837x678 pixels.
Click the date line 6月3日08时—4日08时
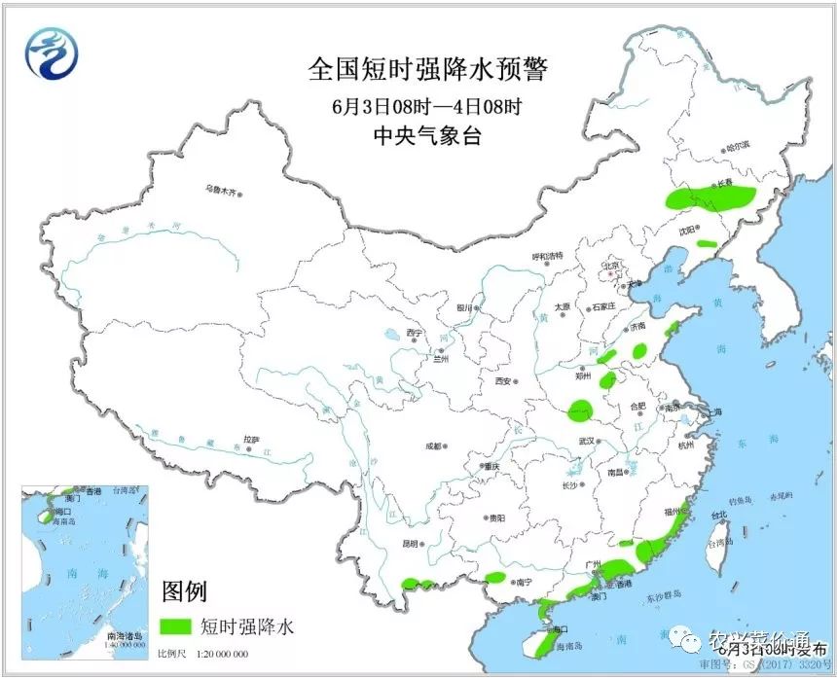coord(427,105)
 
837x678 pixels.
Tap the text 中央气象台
coord(427,136)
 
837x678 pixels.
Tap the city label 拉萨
coord(251,440)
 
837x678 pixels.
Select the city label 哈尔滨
coord(738,145)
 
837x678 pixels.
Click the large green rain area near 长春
coord(710,198)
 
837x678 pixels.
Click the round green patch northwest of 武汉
coord(581,411)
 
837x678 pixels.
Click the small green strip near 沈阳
coord(707,243)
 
